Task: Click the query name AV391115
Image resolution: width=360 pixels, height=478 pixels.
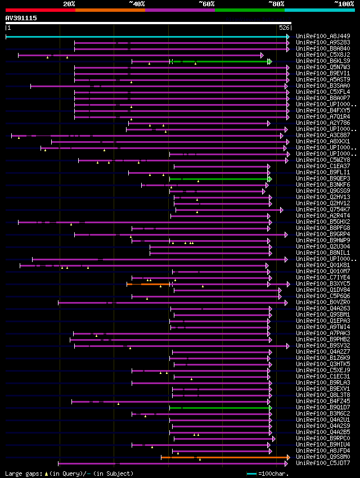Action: tap(21, 18)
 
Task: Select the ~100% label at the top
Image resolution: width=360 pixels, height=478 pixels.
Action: tap(344, 3)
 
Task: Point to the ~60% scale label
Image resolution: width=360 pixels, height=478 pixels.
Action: tap(206, 3)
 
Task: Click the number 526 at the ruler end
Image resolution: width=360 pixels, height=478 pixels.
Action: tap(284, 28)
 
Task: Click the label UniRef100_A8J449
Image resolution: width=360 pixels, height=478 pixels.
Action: tap(322, 37)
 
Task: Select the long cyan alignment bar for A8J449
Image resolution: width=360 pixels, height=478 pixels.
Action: tap(146, 37)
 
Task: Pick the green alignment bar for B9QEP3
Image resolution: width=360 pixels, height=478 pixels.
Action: tap(219, 179)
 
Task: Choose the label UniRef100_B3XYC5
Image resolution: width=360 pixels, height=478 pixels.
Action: tap(322, 284)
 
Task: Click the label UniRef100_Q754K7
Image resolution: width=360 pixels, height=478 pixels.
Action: tap(322, 210)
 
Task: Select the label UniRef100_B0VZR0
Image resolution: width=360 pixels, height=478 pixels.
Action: tap(322, 303)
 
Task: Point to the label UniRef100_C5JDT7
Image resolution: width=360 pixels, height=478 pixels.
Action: tap(322, 463)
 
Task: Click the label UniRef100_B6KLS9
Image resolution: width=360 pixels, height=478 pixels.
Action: tap(322, 61)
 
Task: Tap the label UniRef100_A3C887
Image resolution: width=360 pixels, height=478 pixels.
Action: tap(322, 136)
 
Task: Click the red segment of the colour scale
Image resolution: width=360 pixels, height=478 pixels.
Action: tap(39, 10)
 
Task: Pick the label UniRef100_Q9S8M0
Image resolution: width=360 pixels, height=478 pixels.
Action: tap(322, 457)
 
